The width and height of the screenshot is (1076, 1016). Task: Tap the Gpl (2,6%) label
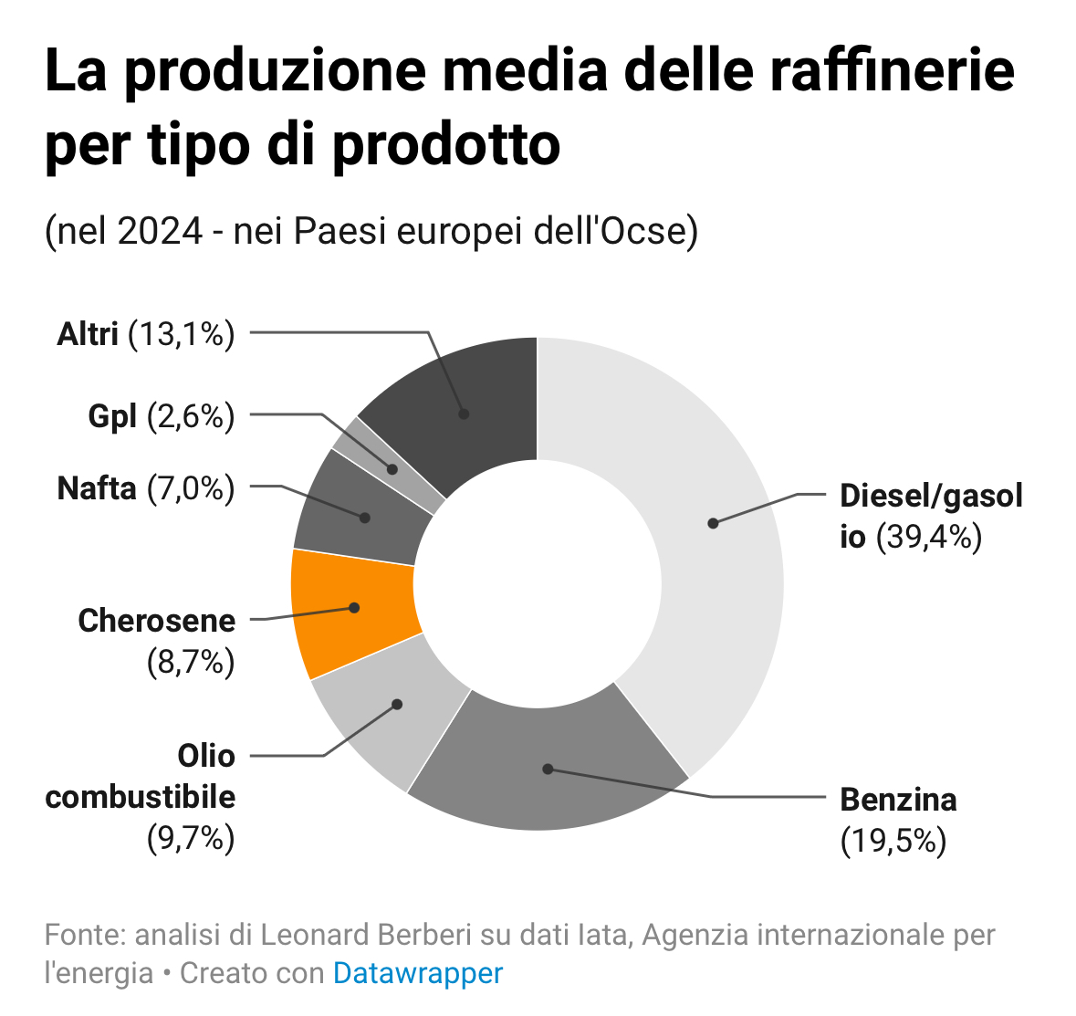(x=162, y=416)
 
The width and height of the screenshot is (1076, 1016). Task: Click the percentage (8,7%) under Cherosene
(x=191, y=662)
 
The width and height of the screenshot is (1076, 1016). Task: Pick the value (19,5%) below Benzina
(x=893, y=840)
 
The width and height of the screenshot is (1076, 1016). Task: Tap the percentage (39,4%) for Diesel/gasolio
(x=929, y=537)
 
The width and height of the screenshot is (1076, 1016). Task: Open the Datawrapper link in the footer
(x=417, y=973)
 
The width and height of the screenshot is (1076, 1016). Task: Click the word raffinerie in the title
(x=893, y=73)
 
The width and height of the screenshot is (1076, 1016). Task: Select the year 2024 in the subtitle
(x=160, y=231)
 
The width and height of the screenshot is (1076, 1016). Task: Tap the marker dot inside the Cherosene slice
(x=355, y=607)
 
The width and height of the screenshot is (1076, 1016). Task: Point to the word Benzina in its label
(x=898, y=800)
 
